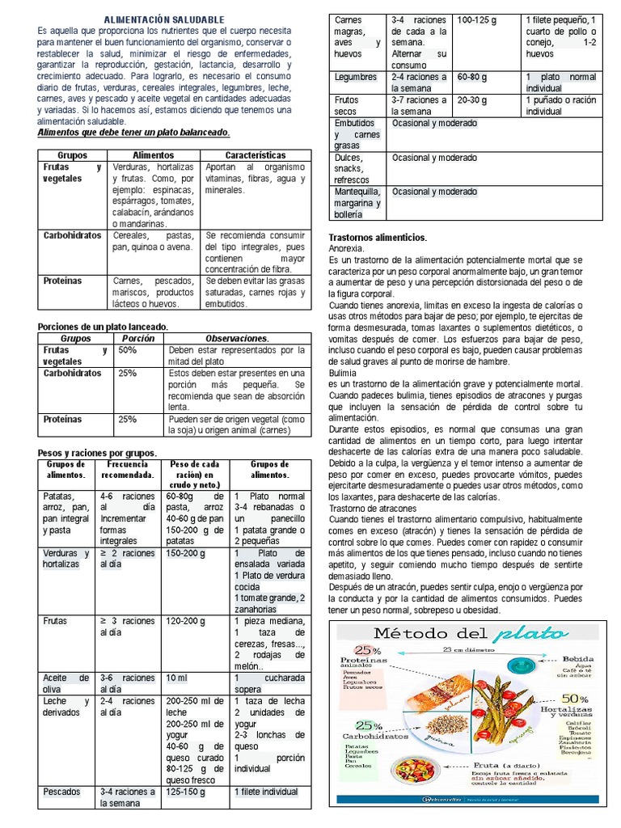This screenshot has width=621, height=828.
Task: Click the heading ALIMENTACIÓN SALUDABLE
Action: [165, 19]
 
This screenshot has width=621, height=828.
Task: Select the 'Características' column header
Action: [255, 154]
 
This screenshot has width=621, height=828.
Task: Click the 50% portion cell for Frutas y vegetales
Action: [128, 351]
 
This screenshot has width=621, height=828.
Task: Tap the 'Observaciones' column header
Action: [237, 338]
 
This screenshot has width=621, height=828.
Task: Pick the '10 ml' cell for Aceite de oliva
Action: [176, 678]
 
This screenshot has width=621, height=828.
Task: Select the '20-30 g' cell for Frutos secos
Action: [472, 100]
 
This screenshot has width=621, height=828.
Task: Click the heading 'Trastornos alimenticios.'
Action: [378, 238]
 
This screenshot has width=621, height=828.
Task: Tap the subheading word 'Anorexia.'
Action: [347, 249]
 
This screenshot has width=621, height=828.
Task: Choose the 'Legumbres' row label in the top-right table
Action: [356, 78]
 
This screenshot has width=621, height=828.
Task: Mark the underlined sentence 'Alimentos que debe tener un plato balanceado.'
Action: [134, 132]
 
